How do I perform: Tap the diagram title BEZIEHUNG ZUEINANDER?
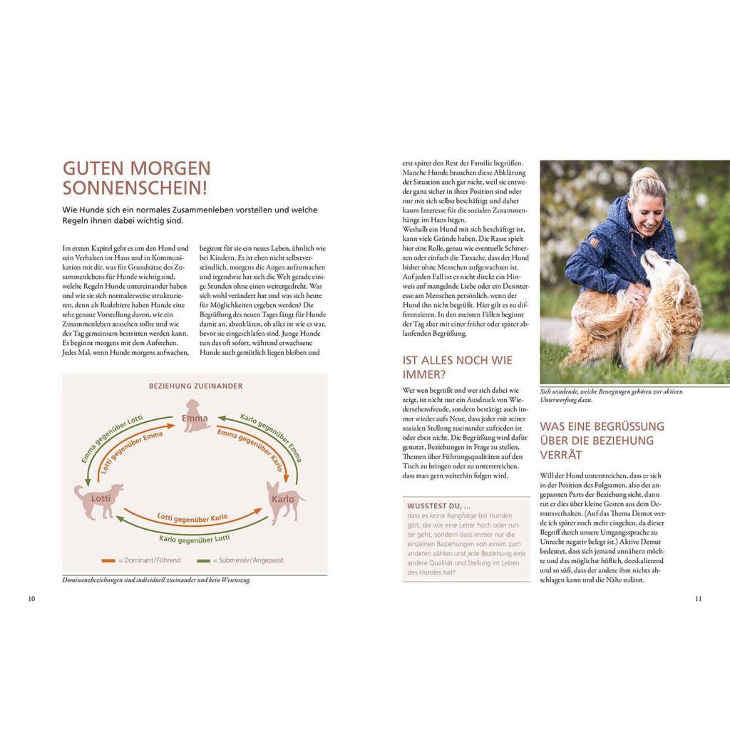click(x=195, y=386)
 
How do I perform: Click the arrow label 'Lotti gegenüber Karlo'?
click(x=192, y=516)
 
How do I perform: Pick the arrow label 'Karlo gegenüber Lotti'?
click(x=194, y=538)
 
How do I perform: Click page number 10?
click(x=31, y=599)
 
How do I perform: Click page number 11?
click(x=698, y=599)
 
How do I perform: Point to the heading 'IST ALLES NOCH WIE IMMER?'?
click(x=457, y=366)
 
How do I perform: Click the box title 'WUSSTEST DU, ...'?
click(x=439, y=505)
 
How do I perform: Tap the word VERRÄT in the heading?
click(x=561, y=455)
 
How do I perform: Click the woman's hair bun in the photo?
click(x=642, y=173)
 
